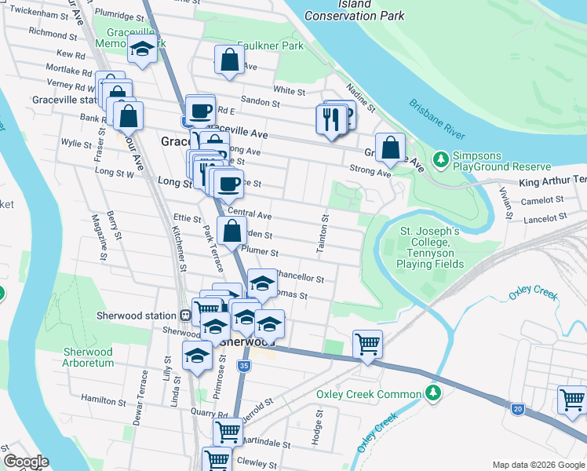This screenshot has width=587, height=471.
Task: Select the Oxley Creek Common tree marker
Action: [x=432, y=393]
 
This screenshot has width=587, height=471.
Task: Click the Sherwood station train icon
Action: [x=186, y=316]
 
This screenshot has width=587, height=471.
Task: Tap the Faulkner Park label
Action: [x=270, y=46]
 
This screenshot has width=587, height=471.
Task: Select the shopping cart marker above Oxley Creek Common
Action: [x=366, y=344]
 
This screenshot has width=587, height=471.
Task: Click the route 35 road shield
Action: [x=245, y=366]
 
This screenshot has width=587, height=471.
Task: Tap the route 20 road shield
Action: [x=517, y=408]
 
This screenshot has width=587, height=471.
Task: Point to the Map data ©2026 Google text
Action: [x=538, y=465]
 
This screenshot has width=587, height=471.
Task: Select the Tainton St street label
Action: [x=322, y=234]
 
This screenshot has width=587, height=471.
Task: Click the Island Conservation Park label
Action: [x=354, y=10]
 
